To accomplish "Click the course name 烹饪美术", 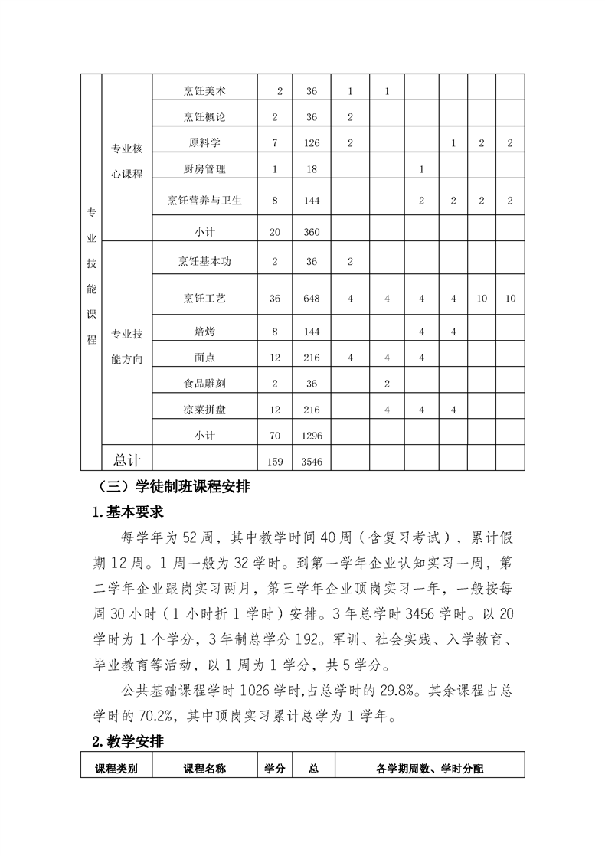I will [204, 91].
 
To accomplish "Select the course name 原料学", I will [204, 143].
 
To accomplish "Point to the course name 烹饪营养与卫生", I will [204, 201].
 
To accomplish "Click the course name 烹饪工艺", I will [204, 298].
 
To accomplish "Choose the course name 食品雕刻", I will [204, 384].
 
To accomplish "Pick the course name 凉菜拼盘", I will [204, 410].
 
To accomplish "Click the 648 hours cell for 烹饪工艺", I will [312, 298].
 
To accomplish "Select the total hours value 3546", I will [312, 462].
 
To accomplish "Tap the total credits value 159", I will [275, 462].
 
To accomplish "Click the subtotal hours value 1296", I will [312, 435].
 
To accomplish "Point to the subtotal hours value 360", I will [312, 233].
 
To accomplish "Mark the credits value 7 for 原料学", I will [275, 143].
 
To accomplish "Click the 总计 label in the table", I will [127, 459].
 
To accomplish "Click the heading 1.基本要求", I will [127, 511].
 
